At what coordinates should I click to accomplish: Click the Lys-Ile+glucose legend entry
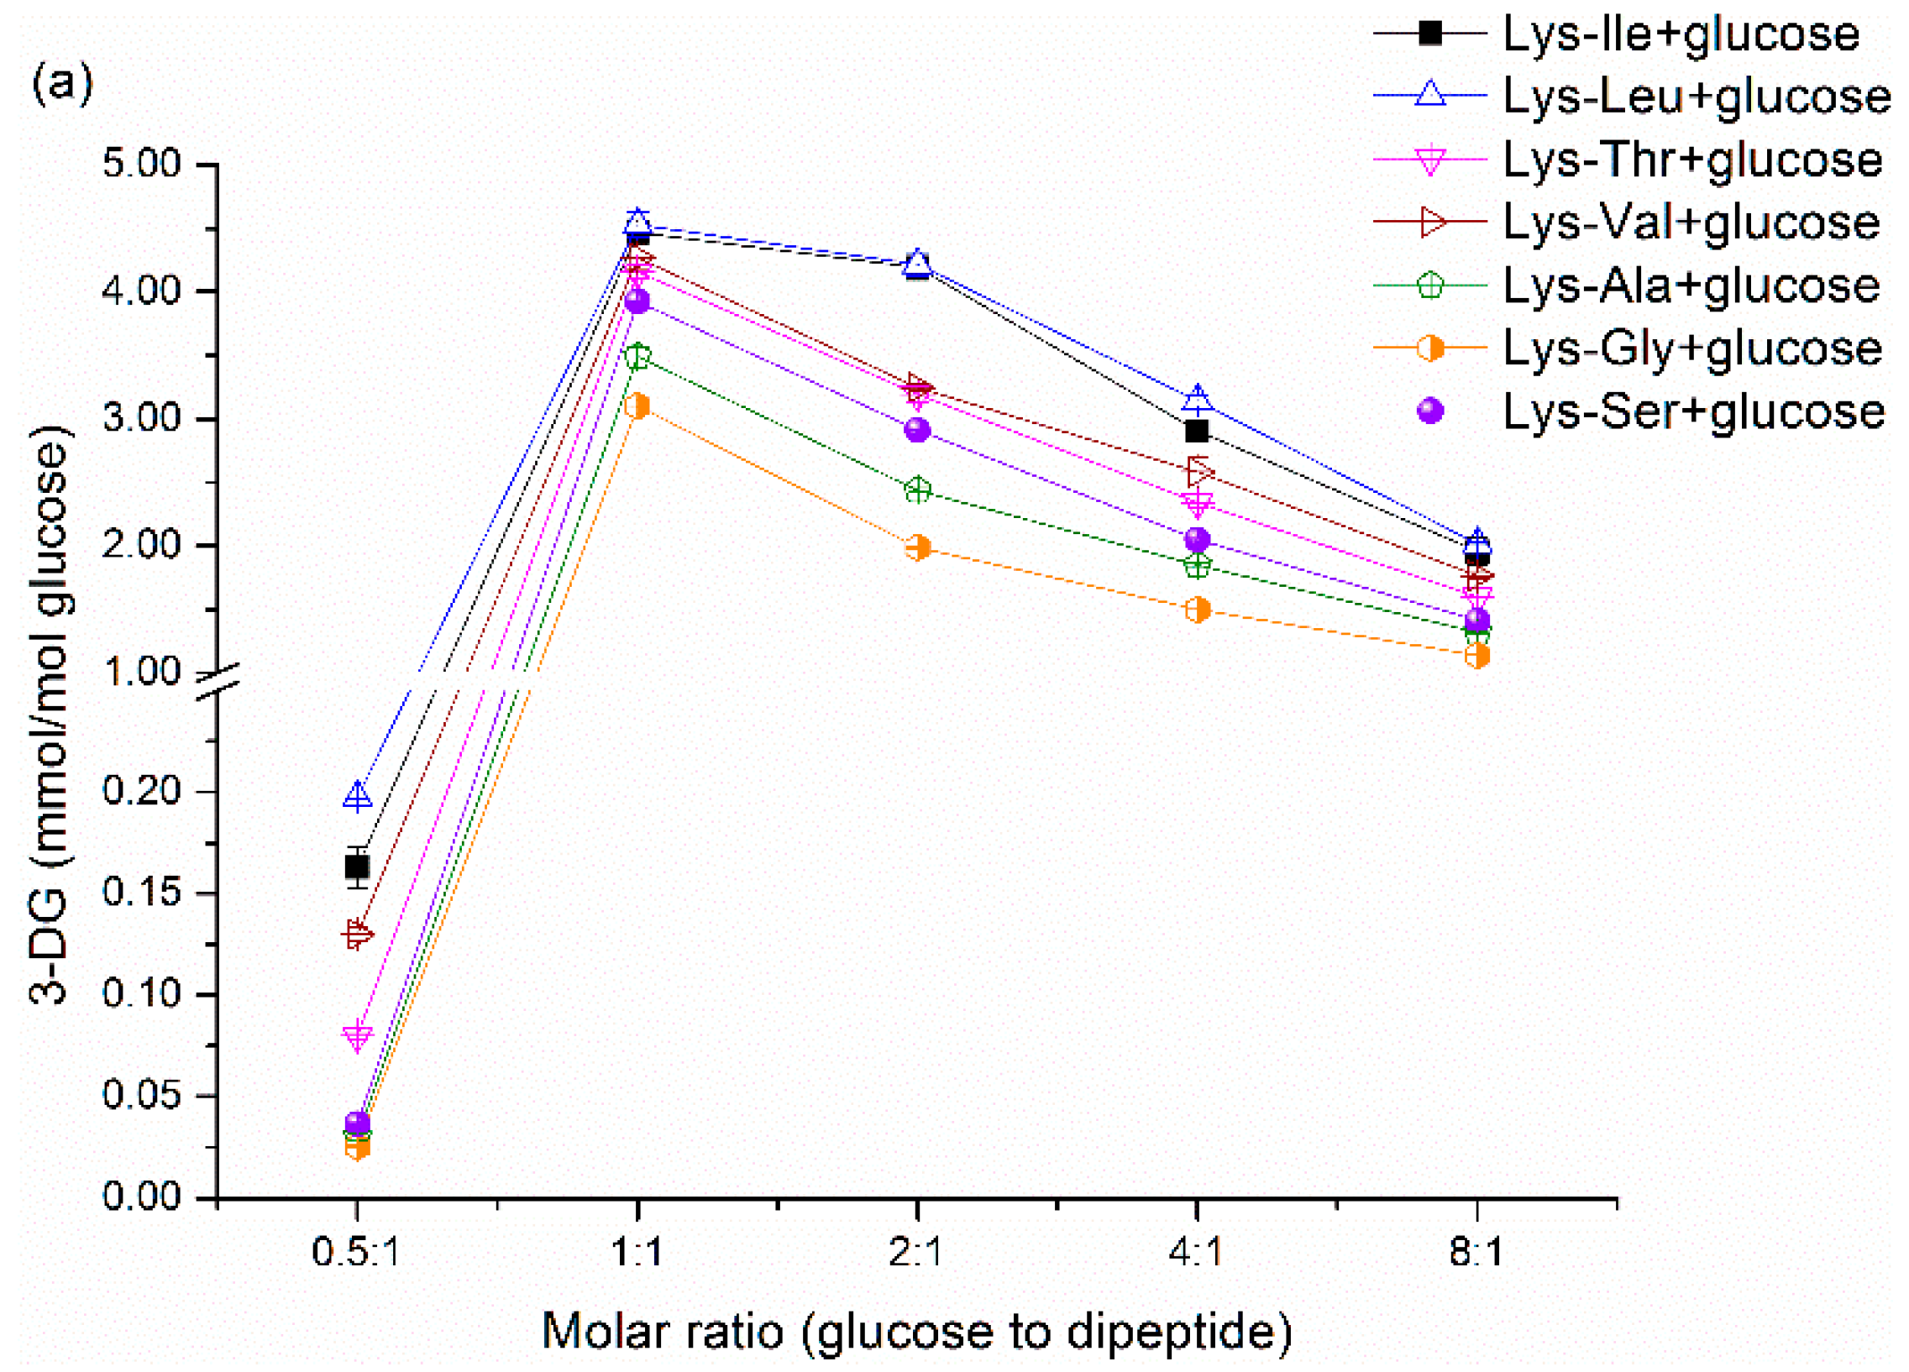pos(1679,34)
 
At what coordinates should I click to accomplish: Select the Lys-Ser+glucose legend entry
pos(1691,411)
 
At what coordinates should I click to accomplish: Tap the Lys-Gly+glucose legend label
pos(1691,348)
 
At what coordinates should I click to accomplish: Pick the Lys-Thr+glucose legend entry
pos(1691,160)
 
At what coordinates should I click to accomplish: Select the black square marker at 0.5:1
pos(357,867)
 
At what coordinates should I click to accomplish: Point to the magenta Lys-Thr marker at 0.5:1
pos(357,1036)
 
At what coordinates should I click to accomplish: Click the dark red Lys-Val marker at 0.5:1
pos(357,935)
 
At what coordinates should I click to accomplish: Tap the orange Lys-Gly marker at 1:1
pos(637,406)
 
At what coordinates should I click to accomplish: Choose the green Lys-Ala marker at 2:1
pos(917,490)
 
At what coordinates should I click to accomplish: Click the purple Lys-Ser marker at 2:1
pos(917,430)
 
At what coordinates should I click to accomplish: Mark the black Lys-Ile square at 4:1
pos(1197,432)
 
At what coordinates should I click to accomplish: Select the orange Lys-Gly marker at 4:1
pos(1197,610)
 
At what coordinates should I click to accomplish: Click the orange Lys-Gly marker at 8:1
pos(1477,656)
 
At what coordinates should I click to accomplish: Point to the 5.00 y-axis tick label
pos(141,164)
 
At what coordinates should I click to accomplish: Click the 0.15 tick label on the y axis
pos(141,893)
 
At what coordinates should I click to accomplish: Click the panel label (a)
pos(61,86)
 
